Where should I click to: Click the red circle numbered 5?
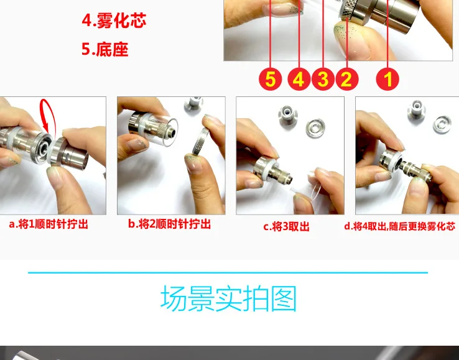tap(270, 79)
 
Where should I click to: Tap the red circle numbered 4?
tap(299, 79)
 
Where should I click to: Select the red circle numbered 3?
tap(323, 79)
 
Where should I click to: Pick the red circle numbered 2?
tap(347, 79)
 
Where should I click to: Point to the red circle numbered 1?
tap(387, 79)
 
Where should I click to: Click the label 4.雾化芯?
tap(114, 21)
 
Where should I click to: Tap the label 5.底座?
tap(104, 49)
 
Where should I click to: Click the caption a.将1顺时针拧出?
tap(49, 224)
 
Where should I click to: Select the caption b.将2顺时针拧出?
tap(170, 224)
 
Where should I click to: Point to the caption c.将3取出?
tap(286, 226)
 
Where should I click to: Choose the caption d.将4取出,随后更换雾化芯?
tap(399, 226)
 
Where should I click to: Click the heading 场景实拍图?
tap(229, 298)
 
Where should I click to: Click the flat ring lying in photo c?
tap(315, 128)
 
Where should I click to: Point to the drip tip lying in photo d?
tap(417, 109)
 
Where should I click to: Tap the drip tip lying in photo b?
tap(193, 104)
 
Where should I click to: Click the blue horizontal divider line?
tap(228, 272)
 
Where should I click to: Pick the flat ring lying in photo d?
tap(442, 125)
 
